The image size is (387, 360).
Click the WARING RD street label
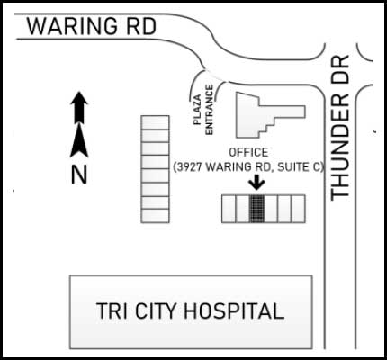click(x=92, y=26)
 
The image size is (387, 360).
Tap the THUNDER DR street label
click(x=340, y=128)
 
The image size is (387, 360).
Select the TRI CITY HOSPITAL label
click(x=190, y=310)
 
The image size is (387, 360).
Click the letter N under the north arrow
click(x=79, y=175)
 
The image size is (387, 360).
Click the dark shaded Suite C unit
click(x=256, y=209)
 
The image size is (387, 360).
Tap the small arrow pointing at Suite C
click(x=256, y=183)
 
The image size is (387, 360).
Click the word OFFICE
click(x=248, y=152)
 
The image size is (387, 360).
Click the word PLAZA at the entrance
click(x=197, y=110)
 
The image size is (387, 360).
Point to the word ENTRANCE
click(x=209, y=110)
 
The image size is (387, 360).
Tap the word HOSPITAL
click(x=234, y=310)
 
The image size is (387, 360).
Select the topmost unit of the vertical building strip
click(x=156, y=122)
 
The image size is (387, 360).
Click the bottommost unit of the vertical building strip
click(x=156, y=216)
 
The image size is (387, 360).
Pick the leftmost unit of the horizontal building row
click(x=229, y=209)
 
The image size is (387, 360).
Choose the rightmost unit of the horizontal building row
click(x=299, y=209)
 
